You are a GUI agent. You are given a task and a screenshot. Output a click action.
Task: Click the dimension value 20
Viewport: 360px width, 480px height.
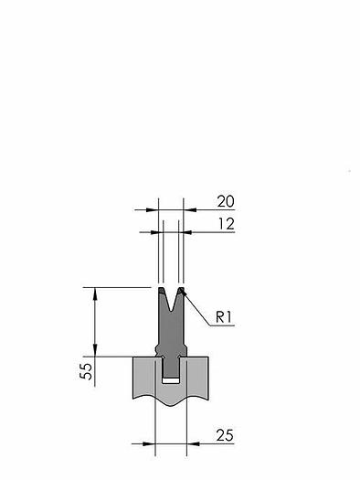click(x=226, y=201)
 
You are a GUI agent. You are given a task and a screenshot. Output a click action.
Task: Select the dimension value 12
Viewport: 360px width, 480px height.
click(x=227, y=224)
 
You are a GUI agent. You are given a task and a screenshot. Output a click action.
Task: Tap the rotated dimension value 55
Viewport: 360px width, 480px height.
click(x=86, y=371)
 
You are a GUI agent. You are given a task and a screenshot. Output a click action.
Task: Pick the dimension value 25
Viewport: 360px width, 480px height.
click(x=225, y=435)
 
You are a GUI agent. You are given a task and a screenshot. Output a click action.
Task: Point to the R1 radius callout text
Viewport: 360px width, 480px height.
click(x=224, y=317)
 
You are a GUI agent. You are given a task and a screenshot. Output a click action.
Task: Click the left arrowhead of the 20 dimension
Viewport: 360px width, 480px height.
click(x=152, y=210)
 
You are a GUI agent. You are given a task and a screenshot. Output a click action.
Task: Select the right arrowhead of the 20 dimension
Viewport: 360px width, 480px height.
click(x=190, y=210)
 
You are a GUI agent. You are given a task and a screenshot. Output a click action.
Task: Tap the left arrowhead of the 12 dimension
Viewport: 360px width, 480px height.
click(x=157, y=232)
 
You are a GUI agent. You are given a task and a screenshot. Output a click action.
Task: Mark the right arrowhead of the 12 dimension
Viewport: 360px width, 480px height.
click(x=185, y=232)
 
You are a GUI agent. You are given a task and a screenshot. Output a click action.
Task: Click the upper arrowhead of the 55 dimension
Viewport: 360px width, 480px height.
click(x=95, y=293)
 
